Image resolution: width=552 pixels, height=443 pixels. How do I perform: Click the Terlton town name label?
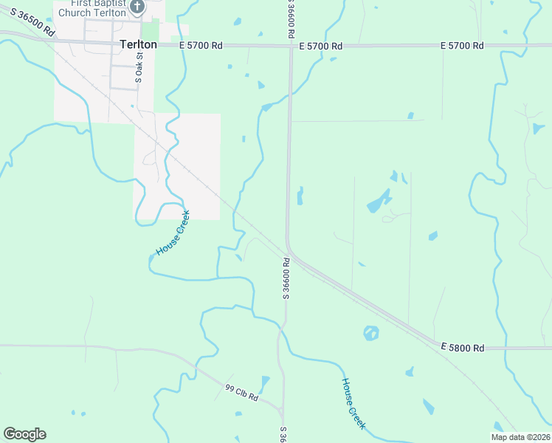pos(138,44)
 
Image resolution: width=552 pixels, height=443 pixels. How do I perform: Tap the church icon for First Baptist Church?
pos(137,7)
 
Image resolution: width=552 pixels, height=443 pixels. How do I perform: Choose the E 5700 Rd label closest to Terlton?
pos(201,45)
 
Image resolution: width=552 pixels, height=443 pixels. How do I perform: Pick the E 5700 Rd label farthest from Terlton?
pos(462,46)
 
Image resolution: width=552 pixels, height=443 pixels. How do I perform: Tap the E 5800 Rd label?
pos(463,347)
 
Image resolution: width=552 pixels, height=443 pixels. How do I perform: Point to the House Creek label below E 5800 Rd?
pos(353,403)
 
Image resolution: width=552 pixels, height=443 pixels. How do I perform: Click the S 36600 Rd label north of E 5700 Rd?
pos(290,18)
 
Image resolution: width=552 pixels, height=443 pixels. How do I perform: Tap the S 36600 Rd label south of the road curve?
pos(286,278)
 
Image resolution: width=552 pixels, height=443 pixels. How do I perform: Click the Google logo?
pos(24,434)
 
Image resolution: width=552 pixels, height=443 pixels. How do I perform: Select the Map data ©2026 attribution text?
pos(521,437)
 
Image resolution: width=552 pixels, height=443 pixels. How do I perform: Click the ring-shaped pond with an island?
pos(371,333)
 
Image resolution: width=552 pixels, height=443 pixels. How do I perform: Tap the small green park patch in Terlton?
pos(151,30)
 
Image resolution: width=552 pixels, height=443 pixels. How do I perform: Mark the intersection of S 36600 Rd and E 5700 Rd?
pos(291,47)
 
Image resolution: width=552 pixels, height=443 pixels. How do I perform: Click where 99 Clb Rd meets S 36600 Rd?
pos(282,411)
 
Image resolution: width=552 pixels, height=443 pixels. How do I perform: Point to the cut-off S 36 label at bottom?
pos(283,434)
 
